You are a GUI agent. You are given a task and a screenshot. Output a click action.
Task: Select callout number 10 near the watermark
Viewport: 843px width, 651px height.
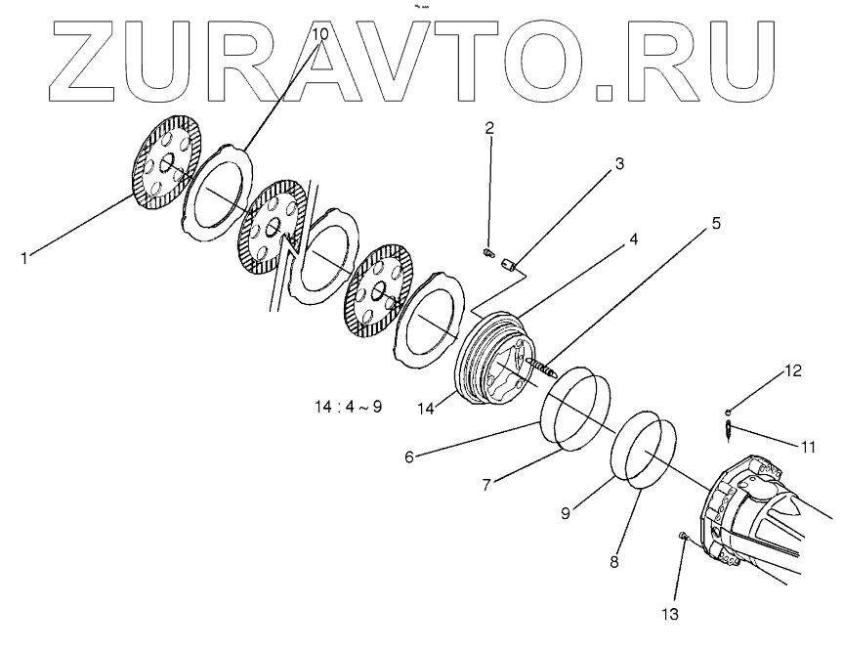click(320, 34)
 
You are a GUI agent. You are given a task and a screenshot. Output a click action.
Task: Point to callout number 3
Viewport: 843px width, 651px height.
click(618, 164)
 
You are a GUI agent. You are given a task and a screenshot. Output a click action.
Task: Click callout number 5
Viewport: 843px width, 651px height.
click(716, 223)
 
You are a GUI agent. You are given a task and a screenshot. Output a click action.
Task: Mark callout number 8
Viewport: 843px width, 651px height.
click(613, 561)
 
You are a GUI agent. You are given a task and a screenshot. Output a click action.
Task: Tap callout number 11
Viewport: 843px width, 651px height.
click(807, 448)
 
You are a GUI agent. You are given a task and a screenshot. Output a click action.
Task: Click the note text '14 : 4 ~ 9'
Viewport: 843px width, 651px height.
click(348, 408)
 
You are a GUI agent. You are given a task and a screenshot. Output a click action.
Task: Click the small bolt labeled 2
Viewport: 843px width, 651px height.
click(488, 254)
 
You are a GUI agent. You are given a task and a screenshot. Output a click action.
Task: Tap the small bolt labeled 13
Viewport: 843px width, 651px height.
click(683, 537)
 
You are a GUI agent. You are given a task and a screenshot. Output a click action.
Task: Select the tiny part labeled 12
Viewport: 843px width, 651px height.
click(728, 412)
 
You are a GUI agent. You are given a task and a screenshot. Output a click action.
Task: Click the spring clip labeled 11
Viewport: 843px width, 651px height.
click(729, 428)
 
